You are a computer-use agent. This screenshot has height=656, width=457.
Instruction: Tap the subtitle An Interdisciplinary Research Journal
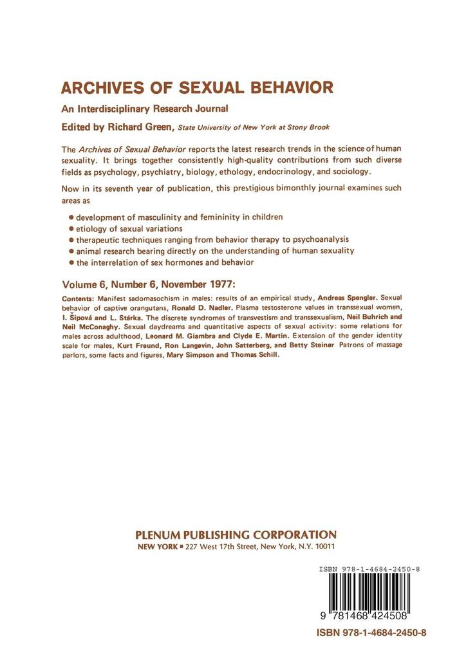(146, 109)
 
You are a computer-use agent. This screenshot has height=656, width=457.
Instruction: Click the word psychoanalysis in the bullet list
(312, 239)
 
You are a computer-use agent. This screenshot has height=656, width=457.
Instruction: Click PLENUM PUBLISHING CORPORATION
(235, 535)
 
